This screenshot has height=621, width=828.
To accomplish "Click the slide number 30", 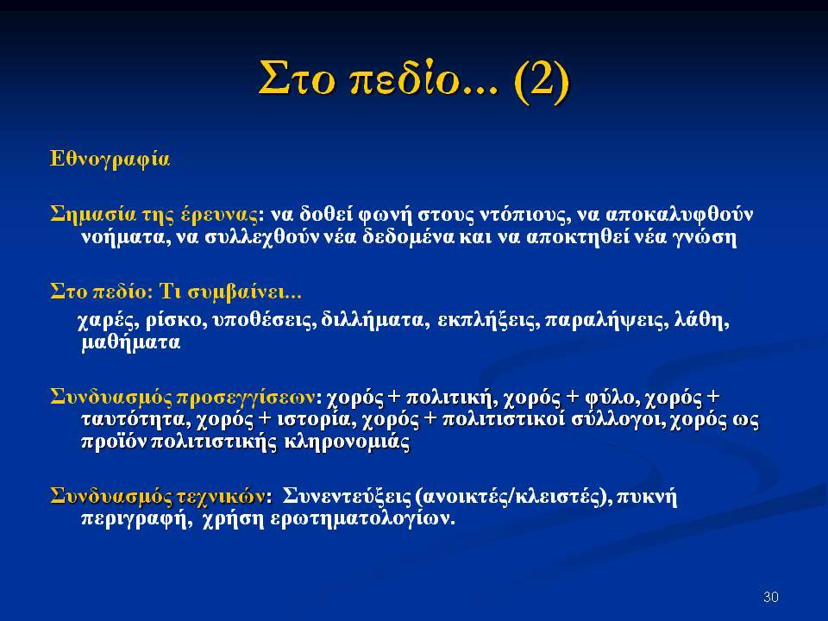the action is (771, 597).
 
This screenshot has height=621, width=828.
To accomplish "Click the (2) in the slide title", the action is (542, 80).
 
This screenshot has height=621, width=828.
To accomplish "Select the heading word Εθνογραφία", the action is (110, 160).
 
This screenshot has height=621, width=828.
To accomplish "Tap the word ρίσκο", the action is (176, 321).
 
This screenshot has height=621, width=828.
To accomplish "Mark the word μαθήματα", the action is (131, 343).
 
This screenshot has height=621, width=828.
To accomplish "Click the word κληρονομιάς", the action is (347, 442).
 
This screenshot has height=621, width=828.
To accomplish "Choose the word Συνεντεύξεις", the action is (347, 497).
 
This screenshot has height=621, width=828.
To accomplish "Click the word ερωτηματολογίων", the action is (362, 519).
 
